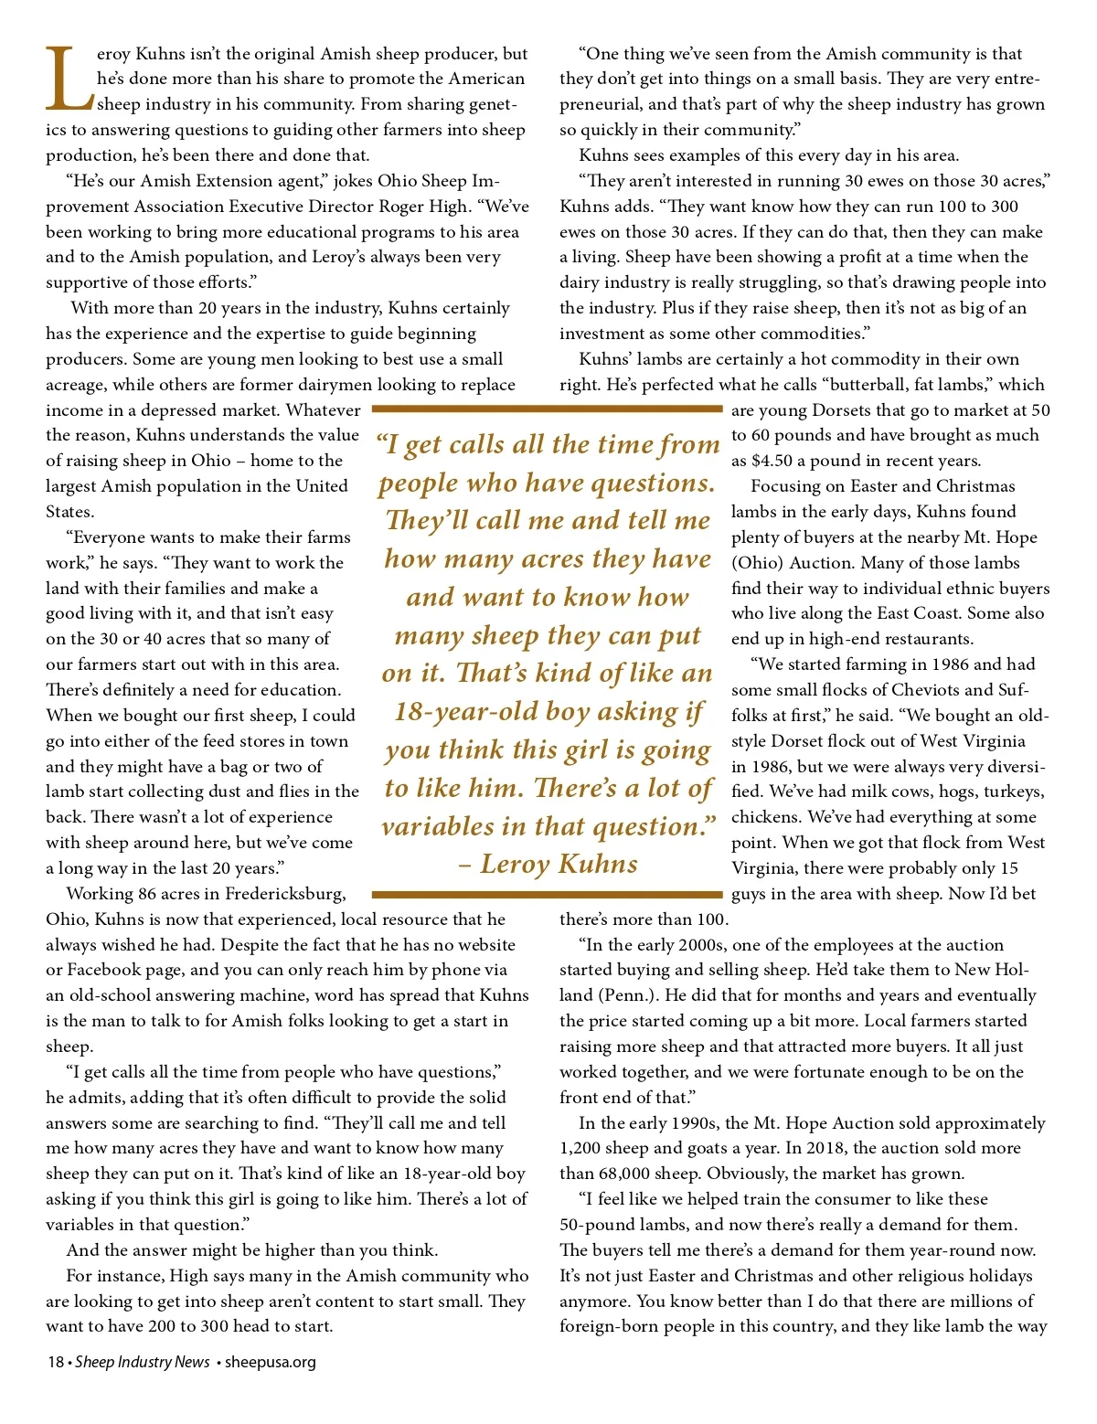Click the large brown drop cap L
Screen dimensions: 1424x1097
pos(69,79)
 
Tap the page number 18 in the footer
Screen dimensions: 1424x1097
pos(55,1362)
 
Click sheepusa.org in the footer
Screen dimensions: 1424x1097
pos(271,1362)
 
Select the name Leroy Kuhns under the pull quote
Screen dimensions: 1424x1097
pos(559,864)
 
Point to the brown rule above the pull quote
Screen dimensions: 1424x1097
pos(547,409)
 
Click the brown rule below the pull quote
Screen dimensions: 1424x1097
pos(547,894)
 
